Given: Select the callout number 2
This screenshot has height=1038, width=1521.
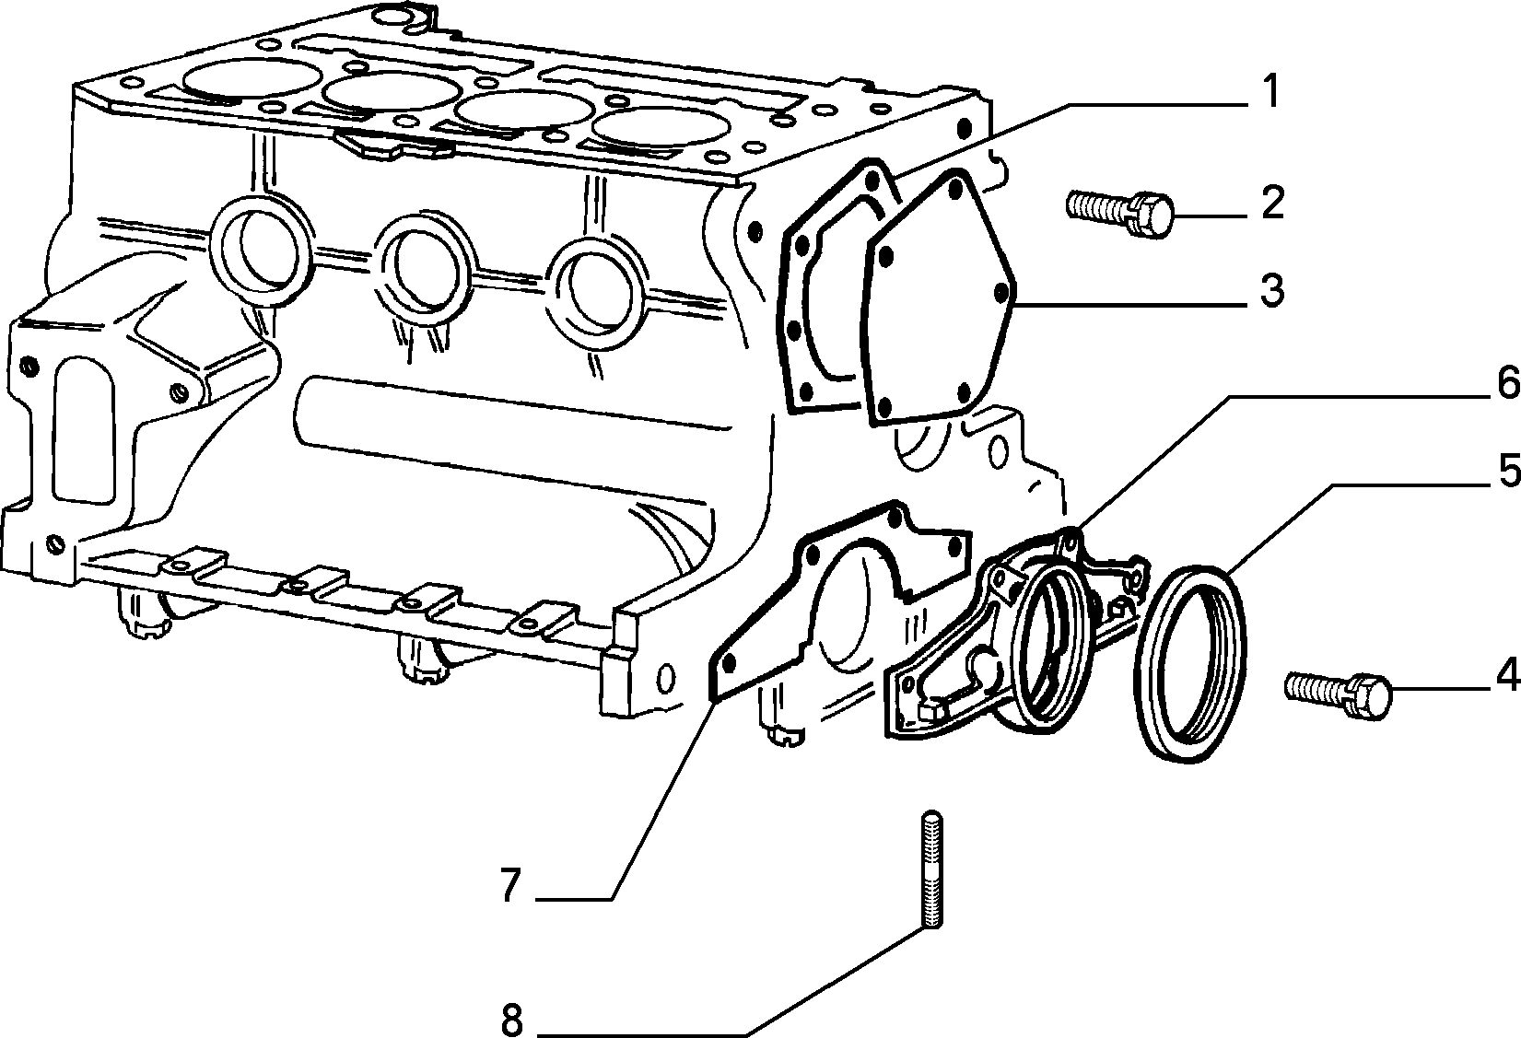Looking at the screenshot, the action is pos(1273,202).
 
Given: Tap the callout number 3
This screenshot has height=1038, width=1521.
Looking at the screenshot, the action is pos(1272,290).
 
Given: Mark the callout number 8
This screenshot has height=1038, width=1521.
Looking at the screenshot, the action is pos(512,1019).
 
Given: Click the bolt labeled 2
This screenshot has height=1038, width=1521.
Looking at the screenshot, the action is pos(1120,214).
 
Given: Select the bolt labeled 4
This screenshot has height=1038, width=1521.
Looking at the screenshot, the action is pos(1339,695).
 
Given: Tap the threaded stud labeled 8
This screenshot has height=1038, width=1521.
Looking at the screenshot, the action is pos(932,869).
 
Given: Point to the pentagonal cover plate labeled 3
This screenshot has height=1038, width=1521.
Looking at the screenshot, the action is pos(937,298).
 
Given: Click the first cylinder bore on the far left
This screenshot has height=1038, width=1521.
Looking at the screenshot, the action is pos(252,76).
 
